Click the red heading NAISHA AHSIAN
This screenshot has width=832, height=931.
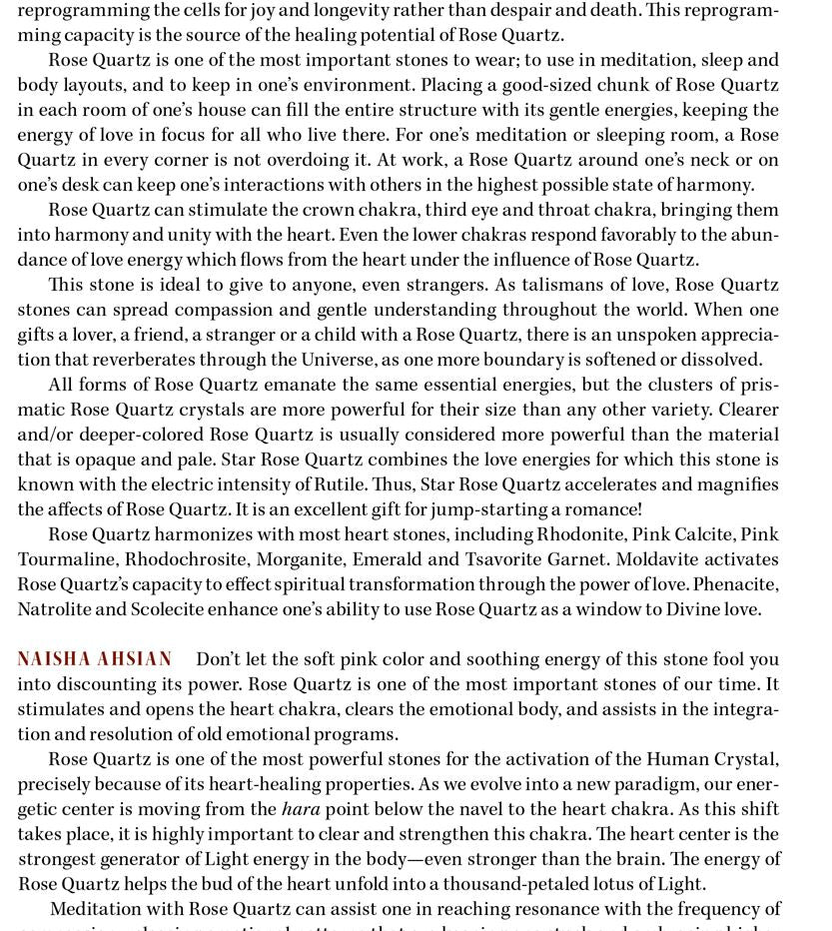[x=95, y=659]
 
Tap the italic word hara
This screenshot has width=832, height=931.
[x=301, y=809]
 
